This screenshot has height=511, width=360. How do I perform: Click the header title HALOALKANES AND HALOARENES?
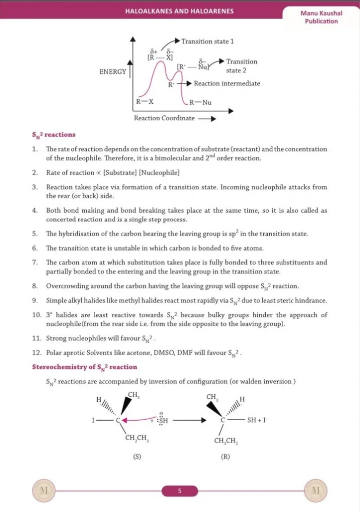tap(180, 11)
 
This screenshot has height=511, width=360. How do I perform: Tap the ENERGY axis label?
tap(113, 71)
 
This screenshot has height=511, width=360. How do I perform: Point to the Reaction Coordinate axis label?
tap(164, 118)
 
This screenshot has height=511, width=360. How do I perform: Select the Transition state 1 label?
tap(207, 41)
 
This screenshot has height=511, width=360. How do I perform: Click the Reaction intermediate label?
tap(227, 83)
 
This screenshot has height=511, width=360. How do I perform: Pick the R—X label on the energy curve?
tap(145, 102)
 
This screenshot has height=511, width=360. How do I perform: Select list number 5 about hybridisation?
tap(35, 234)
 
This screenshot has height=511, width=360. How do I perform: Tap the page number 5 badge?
tap(180, 491)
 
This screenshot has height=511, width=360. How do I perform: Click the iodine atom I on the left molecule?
tap(93, 420)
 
